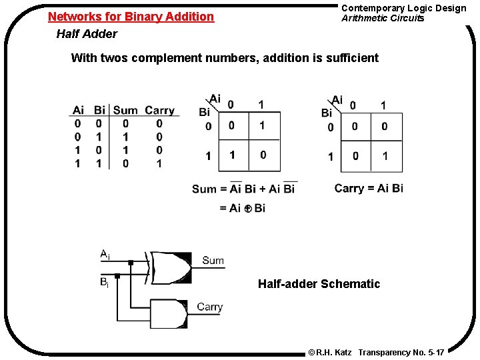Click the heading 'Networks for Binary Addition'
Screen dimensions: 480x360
coord(131,17)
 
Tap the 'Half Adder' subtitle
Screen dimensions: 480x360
coord(87,34)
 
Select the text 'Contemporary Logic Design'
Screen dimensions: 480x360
coord(403,8)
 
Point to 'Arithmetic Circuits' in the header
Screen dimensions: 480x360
coord(383,18)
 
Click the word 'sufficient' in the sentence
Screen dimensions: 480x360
coord(352,58)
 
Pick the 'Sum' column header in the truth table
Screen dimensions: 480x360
coord(125,110)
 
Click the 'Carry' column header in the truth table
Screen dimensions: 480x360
coord(159,110)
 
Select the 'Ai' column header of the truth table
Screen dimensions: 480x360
coord(78,110)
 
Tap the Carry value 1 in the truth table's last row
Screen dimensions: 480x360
coord(159,163)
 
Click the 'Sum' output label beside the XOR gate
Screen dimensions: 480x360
coord(213,261)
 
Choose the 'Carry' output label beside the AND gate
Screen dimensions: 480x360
coord(209,307)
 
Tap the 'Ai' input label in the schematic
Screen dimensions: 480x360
coord(105,254)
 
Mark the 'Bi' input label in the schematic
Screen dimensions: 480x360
coord(105,282)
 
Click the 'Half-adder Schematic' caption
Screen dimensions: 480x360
coord(319,284)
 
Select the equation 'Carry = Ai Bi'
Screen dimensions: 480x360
coord(369,188)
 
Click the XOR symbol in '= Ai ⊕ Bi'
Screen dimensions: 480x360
coord(247,209)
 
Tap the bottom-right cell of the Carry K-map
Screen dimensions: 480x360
coord(385,156)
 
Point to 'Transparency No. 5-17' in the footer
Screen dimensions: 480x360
coord(401,351)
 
